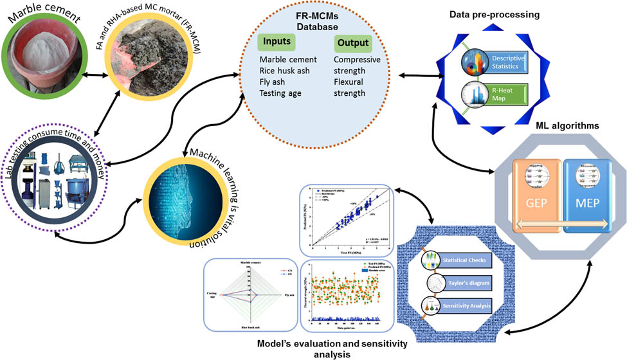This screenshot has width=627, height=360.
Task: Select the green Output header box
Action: pyautogui.click(x=352, y=43)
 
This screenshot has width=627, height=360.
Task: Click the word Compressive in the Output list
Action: pyautogui.click(x=358, y=59)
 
